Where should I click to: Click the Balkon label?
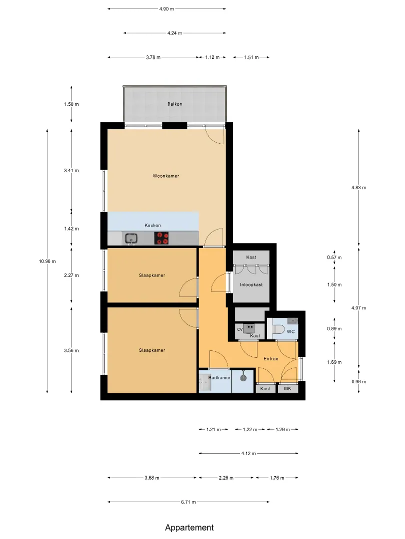coord(174,104)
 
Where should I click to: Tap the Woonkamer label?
coord(166,176)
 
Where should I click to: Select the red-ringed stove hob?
coord(161,238)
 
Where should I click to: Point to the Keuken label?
coord(152,226)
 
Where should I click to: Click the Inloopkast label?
coord(251,284)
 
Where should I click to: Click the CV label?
coord(240,329)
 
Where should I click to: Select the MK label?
coord(287,388)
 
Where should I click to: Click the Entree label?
coord(271,359)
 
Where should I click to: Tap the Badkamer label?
coord(219,378)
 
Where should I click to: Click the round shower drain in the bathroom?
coord(244,377)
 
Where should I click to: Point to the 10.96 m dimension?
coord(47,261)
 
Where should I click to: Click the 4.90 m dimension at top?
coord(166,9)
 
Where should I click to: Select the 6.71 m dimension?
coord(188,502)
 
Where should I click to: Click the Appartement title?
coord(189,528)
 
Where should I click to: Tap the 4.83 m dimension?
coord(359,188)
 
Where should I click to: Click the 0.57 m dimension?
coord(334,258)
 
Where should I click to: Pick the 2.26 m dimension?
coord(226,478)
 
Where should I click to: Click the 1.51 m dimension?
coord(251,57)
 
